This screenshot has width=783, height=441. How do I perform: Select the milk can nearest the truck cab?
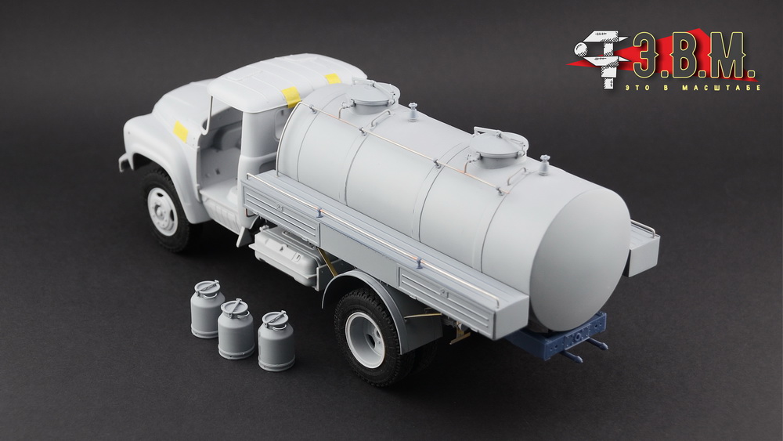[x=207, y=309]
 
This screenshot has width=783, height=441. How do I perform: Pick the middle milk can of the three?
[x=235, y=329]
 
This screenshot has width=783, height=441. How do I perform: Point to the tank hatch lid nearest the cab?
[x=374, y=94]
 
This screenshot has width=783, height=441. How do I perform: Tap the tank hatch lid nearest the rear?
[x=498, y=143]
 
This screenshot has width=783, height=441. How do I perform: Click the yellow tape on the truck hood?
[x=180, y=131]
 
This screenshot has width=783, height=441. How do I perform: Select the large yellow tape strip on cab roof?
[x=290, y=96]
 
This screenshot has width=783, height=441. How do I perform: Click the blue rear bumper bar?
[x=559, y=335]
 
